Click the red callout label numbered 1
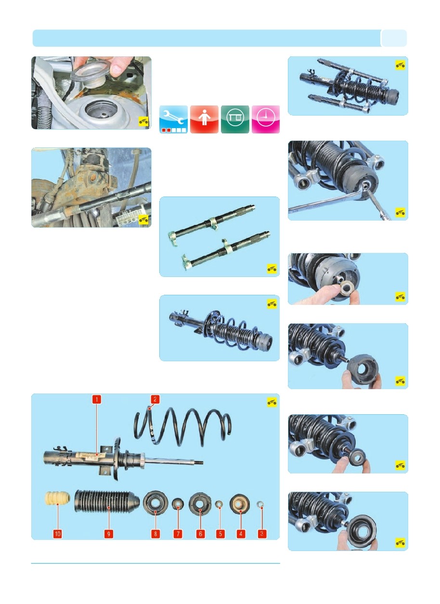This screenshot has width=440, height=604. pyautogui.click(x=97, y=399)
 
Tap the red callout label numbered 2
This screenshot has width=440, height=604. pyautogui.click(x=155, y=399)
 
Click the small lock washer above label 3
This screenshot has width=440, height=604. pyautogui.click(x=260, y=503)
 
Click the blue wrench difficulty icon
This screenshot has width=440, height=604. pyautogui.click(x=173, y=119)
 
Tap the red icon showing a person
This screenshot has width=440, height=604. pyautogui.click(x=204, y=119)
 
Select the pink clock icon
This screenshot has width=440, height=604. pyautogui.click(x=266, y=119)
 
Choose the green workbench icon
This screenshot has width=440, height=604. pyautogui.click(x=235, y=119)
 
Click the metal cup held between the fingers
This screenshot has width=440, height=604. pyautogui.click(x=91, y=73)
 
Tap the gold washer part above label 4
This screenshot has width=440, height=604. pyautogui.click(x=240, y=504)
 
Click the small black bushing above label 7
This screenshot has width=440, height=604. pyautogui.click(x=178, y=504)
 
